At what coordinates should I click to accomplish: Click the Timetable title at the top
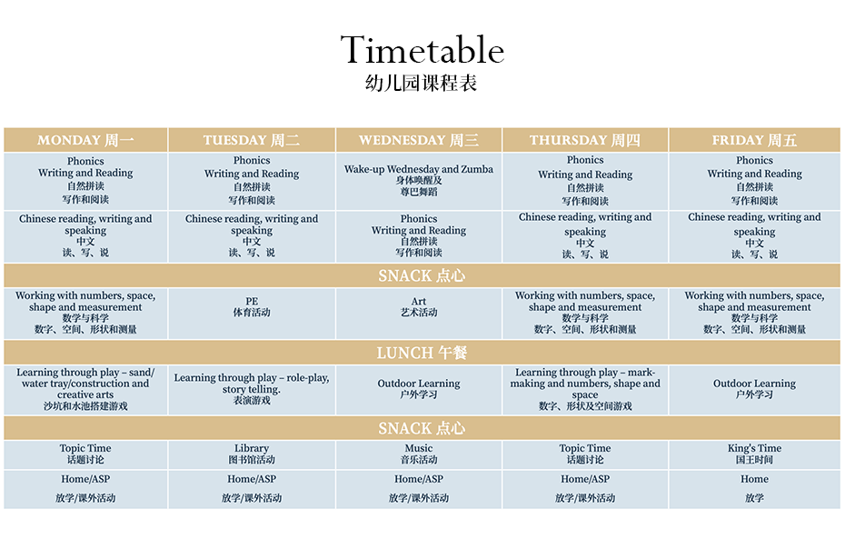[x=422, y=50]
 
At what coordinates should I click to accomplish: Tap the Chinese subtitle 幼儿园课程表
[x=422, y=83]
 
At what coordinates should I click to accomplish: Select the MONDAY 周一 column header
[x=85, y=140]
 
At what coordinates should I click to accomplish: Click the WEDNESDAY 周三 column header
[x=419, y=140]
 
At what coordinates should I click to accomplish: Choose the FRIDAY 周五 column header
[x=754, y=140]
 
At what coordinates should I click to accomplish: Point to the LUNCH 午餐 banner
[x=422, y=353]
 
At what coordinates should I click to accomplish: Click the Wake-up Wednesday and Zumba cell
[x=419, y=181]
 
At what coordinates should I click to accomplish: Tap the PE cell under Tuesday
[x=252, y=314]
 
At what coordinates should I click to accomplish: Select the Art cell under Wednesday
[x=419, y=314]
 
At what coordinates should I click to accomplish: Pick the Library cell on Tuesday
[x=252, y=454]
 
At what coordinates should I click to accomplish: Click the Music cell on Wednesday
[x=419, y=454]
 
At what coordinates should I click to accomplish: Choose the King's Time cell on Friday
[x=754, y=454]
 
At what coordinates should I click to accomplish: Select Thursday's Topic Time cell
[x=585, y=454]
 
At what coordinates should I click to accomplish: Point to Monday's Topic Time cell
[x=85, y=454]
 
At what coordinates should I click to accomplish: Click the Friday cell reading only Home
[x=754, y=489]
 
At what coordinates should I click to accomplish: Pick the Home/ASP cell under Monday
[x=85, y=489]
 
